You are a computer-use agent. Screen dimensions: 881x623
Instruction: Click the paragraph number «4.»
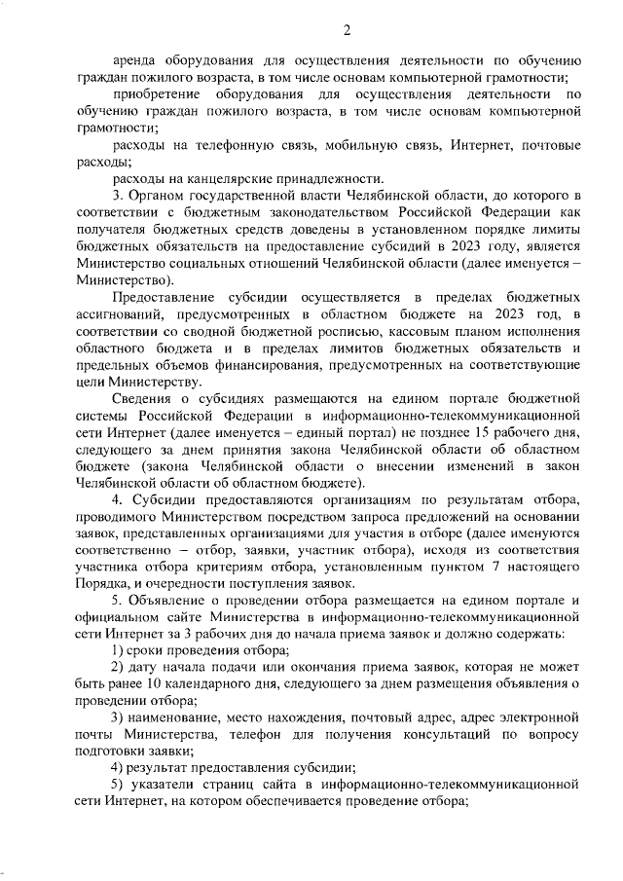[118, 500]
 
